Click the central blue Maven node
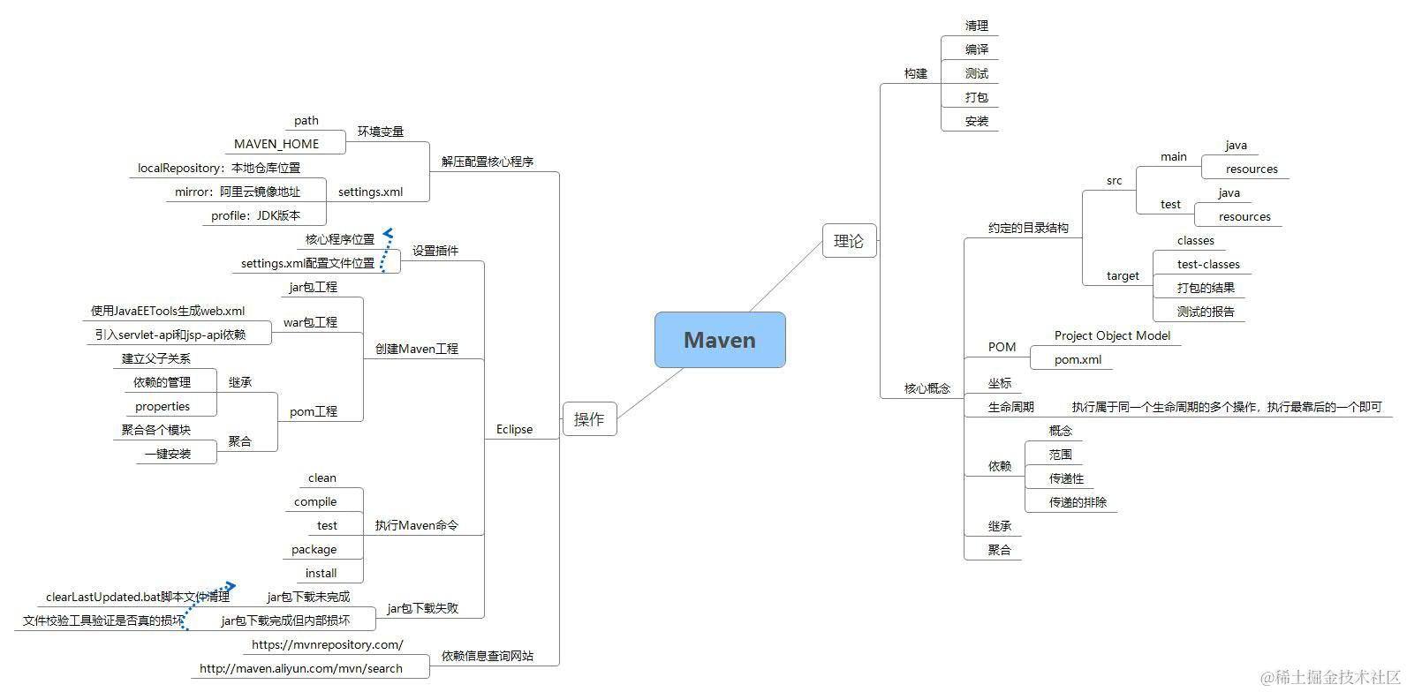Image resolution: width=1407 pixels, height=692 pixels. click(x=719, y=340)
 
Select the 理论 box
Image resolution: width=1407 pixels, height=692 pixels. click(x=849, y=241)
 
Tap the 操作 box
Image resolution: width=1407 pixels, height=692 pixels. click(x=589, y=419)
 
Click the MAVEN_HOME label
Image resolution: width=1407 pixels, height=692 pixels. click(x=276, y=144)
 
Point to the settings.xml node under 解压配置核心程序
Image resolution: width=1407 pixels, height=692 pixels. click(x=370, y=192)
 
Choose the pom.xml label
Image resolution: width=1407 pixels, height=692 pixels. click(x=1078, y=359)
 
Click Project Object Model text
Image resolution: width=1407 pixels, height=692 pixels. click(x=1112, y=335)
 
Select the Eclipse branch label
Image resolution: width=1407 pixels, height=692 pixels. click(x=514, y=429)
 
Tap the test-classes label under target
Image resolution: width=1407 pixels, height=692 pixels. click(x=1207, y=264)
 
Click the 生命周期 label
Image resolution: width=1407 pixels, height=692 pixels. click(x=1010, y=407)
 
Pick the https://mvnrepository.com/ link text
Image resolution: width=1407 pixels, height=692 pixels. click(x=327, y=644)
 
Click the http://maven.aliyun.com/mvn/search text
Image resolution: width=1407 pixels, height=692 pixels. click(x=300, y=668)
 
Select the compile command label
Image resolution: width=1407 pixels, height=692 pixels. click(x=315, y=501)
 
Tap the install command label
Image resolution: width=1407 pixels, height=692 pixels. click(x=321, y=573)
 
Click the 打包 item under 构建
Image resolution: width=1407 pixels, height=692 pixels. click(x=976, y=97)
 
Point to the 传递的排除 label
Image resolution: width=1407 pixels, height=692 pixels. click(x=1077, y=502)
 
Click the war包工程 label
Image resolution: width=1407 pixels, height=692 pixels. click(x=310, y=322)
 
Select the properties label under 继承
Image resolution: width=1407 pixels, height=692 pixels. click(x=163, y=406)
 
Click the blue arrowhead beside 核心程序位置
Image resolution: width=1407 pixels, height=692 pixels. click(x=388, y=234)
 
